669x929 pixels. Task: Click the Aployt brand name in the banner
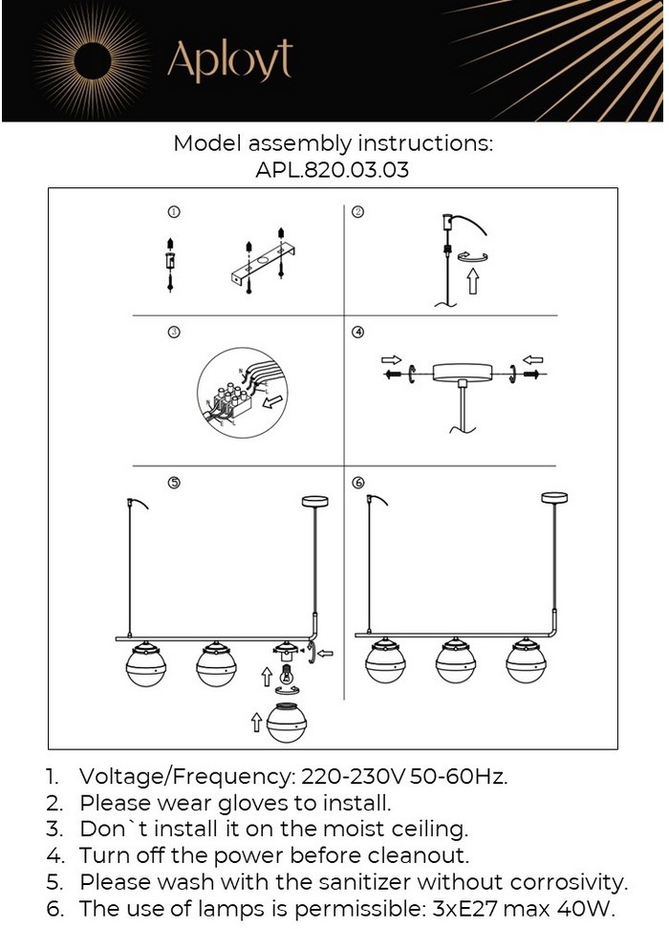(229, 60)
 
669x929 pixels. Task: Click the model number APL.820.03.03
(332, 170)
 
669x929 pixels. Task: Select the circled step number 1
(174, 211)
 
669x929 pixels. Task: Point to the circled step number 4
(357, 332)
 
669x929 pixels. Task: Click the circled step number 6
(358, 483)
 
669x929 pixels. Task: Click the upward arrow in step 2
(472, 280)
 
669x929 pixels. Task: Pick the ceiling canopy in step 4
(463, 373)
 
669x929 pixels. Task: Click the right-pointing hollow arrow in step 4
(391, 359)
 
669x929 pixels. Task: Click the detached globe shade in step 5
(288, 722)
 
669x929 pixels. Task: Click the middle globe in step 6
(455, 660)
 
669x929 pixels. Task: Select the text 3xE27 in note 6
(466, 908)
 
